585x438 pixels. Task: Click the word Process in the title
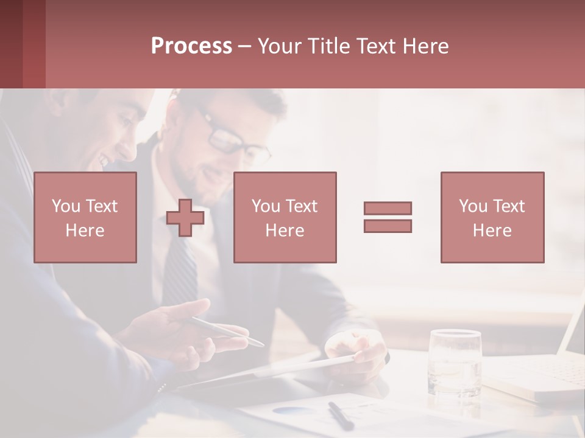(191, 46)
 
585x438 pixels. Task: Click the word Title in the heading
(328, 46)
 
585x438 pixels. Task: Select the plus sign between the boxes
(185, 218)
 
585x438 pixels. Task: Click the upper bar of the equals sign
(388, 208)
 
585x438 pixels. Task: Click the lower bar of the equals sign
(388, 226)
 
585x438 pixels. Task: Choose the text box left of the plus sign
(85, 217)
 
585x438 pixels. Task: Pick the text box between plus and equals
(285, 217)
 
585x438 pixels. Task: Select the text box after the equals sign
(492, 217)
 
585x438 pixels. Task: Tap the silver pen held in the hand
(225, 330)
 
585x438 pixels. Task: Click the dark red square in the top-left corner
(23, 44)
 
